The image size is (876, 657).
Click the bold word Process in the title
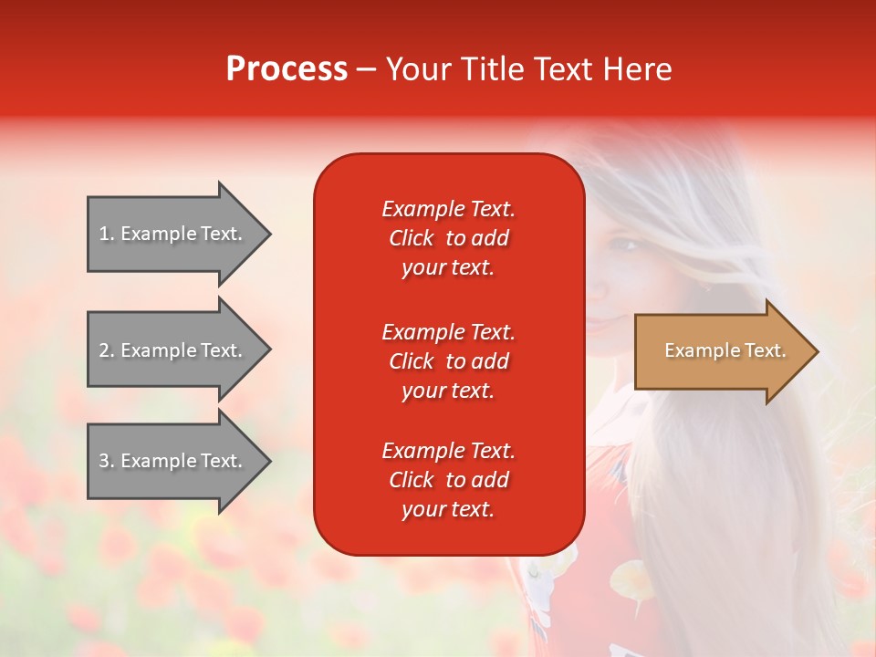(287, 69)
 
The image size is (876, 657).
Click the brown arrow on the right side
(721, 351)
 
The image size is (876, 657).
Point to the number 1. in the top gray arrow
(106, 234)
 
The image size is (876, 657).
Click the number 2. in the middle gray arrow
(106, 350)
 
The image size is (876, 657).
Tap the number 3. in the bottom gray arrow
(106, 461)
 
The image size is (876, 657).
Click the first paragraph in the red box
(448, 238)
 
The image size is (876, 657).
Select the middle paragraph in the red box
(448, 361)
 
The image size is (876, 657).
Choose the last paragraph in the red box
(448, 480)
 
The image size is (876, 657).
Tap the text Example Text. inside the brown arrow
(725, 350)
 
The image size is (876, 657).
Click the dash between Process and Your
(367, 70)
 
